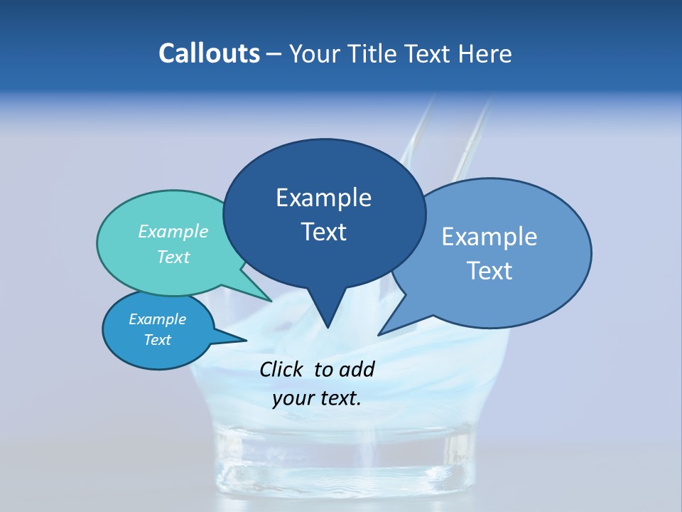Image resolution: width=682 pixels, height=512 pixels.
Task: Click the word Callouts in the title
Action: (210, 53)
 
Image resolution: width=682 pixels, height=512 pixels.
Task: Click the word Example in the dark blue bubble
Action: (323, 198)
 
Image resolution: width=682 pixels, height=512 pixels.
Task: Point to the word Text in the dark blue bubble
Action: (323, 232)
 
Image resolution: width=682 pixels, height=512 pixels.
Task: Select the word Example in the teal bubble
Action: (173, 231)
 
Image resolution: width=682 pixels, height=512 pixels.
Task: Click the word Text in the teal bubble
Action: (173, 257)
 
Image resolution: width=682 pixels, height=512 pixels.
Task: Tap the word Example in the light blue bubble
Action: (489, 237)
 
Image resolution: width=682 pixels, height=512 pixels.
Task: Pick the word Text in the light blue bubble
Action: (489, 271)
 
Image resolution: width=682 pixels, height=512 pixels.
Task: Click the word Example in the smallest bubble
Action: (158, 319)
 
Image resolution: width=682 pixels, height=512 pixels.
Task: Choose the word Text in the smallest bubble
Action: (158, 340)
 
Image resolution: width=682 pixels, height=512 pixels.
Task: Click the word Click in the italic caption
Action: (283, 369)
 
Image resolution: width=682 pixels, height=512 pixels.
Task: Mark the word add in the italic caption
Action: (357, 369)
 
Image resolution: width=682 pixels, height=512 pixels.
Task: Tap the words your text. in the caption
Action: (316, 398)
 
